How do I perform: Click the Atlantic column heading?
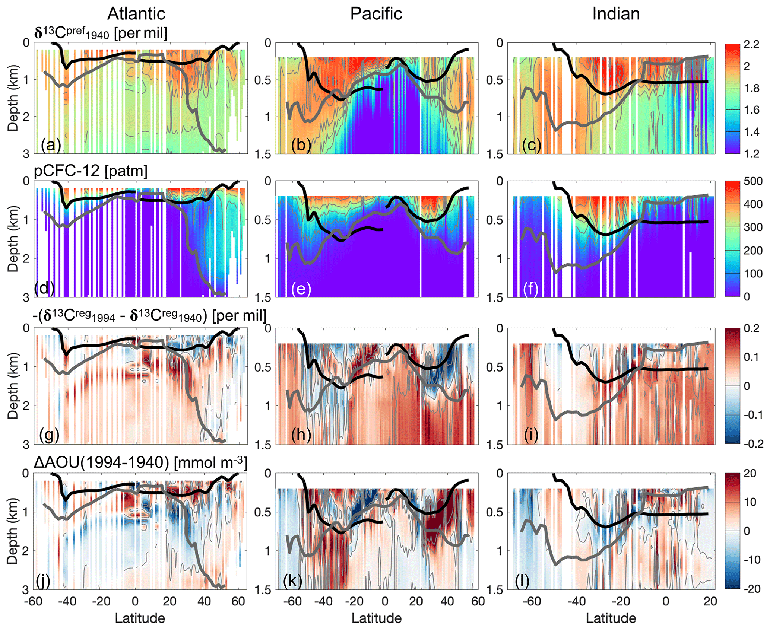pyautogui.click(x=136, y=14)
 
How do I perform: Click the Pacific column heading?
pyautogui.click(x=376, y=14)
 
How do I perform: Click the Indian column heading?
pyautogui.click(x=616, y=14)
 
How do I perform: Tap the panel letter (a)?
pyautogui.click(x=51, y=144)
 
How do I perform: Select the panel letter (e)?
pyautogui.click(x=301, y=289)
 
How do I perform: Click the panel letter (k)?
pyautogui.click(x=292, y=580)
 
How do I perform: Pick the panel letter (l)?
pyautogui.click(x=522, y=580)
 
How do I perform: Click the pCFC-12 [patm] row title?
pyautogui.click(x=91, y=171)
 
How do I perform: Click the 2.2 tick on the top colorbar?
pyautogui.click(x=751, y=45)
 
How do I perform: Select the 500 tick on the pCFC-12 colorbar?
pyautogui.click(x=753, y=181)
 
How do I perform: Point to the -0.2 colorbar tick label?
pyautogui.click(x=753, y=444)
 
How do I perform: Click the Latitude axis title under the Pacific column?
pyautogui.click(x=377, y=618)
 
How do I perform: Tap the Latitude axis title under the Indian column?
pyautogui.click(x=611, y=618)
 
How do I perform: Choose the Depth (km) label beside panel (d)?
pyautogui.click(x=13, y=239)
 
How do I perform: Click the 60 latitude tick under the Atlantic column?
pyautogui.click(x=238, y=601)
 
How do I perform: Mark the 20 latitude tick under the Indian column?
pyautogui.click(x=710, y=601)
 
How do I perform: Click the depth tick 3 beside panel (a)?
pyautogui.click(x=26, y=154)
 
